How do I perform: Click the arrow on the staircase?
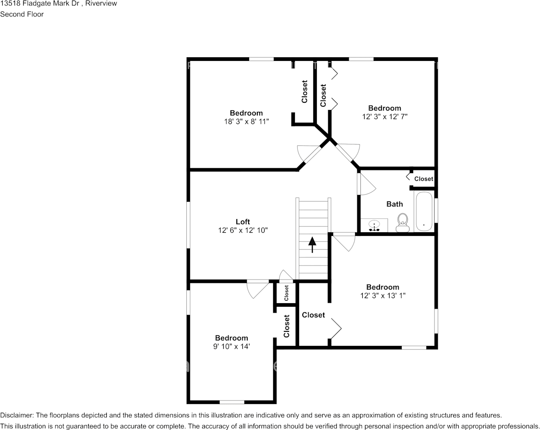[312, 244]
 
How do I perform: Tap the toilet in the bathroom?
[402, 223]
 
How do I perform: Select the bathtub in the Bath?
[424, 212]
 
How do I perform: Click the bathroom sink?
[375, 225]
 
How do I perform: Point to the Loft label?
[243, 222]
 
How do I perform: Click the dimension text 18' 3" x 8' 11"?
[246, 121]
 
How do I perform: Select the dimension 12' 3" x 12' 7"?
[385, 116]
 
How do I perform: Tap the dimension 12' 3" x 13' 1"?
[383, 295]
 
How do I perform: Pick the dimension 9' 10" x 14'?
[231, 346]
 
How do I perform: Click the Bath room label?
[395, 204]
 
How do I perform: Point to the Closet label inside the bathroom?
[424, 179]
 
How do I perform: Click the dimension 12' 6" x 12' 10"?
[243, 230]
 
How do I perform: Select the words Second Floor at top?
[22, 14]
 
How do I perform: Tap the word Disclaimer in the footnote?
[16, 415]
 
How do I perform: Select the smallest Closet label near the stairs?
[286, 293]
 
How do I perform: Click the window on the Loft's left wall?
[188, 225]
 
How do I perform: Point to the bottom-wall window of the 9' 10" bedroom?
[232, 402]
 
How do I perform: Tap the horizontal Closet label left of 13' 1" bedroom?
[313, 315]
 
